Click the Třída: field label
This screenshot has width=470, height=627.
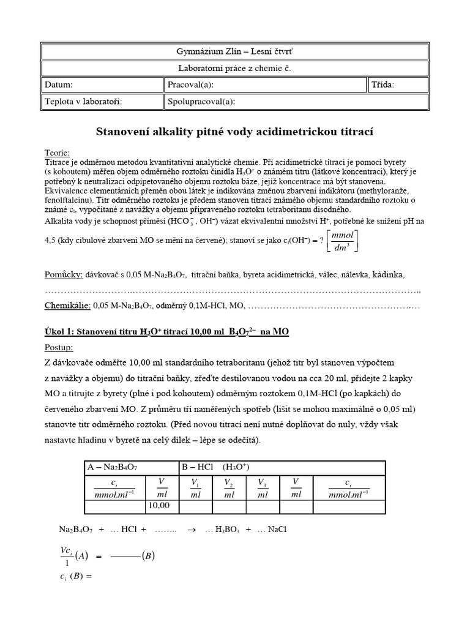[383, 84]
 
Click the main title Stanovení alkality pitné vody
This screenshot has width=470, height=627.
[235, 131]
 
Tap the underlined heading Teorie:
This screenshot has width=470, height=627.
[58, 152]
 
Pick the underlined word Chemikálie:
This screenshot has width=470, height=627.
[68, 305]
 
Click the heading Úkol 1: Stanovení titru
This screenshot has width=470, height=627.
[166, 332]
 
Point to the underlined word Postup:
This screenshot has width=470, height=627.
[59, 347]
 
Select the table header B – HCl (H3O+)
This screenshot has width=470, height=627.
[215, 467]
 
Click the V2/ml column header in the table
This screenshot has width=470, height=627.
[229, 487]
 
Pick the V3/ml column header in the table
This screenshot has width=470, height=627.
[262, 487]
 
